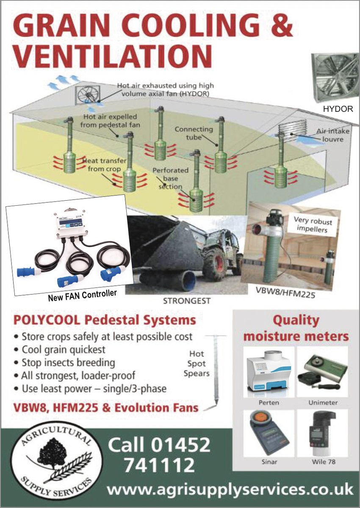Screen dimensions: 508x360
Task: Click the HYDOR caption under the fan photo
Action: coord(338,109)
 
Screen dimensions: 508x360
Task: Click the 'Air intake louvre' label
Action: coord(333,135)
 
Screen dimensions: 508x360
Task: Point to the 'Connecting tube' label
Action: coord(194,133)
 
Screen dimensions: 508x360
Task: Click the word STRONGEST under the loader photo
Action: coord(186,301)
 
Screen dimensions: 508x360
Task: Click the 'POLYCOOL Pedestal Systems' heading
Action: coord(105,320)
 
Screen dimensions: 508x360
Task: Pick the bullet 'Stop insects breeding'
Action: coord(64,363)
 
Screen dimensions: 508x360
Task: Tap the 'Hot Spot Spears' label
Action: coord(197,364)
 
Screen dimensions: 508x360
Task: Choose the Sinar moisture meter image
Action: coord(269,433)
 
